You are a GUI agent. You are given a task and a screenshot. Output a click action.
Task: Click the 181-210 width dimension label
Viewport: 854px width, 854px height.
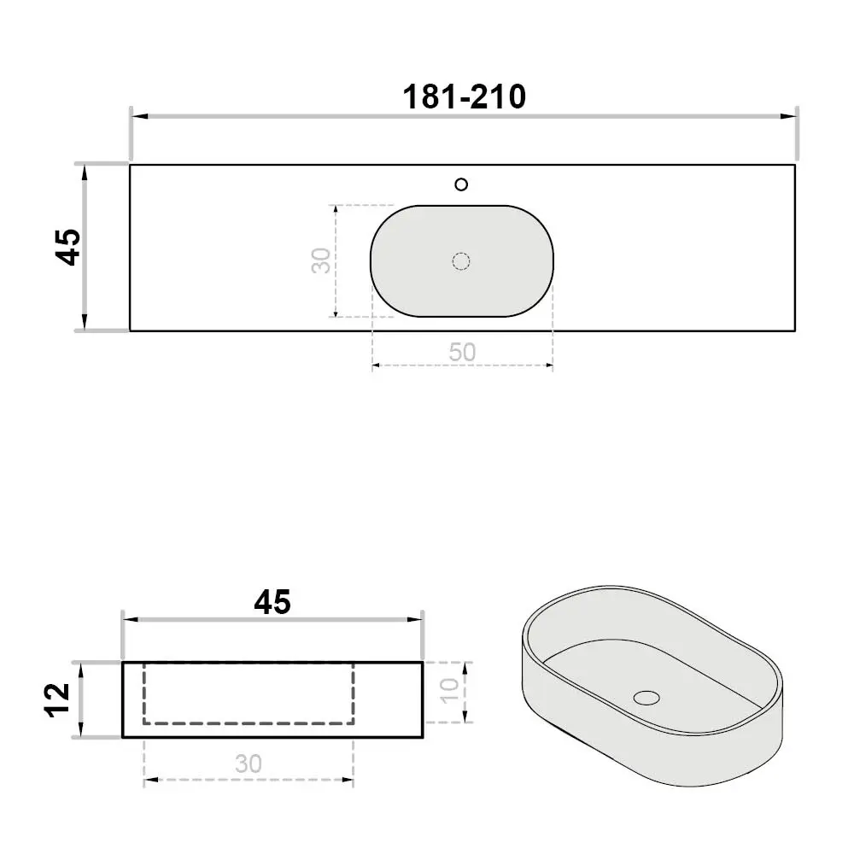point(464,97)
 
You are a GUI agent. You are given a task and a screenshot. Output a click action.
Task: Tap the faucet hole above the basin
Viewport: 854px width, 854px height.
point(461,184)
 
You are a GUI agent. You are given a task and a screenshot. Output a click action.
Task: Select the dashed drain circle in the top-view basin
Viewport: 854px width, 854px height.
point(461,261)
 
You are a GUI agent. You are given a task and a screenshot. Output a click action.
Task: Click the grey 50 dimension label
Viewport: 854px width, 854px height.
point(462,353)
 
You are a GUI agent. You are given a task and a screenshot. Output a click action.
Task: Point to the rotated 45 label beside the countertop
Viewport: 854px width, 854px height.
point(68,248)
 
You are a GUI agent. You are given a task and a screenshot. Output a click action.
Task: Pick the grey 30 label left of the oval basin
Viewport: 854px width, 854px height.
point(321,260)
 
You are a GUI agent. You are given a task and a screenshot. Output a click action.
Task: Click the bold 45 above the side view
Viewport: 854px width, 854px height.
point(272,602)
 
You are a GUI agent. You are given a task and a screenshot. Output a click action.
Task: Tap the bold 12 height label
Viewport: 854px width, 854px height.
point(57,700)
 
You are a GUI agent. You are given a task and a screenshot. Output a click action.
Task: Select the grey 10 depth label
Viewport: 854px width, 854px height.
point(450,691)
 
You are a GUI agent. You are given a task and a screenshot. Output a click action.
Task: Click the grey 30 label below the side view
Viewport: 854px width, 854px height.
point(249,764)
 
